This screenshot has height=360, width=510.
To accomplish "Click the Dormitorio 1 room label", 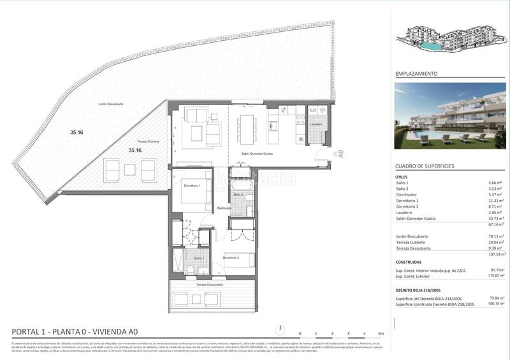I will pyautogui.click(x=192, y=185).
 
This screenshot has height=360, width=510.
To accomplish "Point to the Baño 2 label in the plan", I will pyautogui.click(x=238, y=194).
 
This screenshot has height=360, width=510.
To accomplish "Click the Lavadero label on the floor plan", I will pyautogui.click(x=317, y=124).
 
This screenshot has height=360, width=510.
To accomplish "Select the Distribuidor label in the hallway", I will pyautogui.click(x=224, y=208).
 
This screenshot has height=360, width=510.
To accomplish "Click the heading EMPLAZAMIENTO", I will pyautogui.click(x=417, y=74).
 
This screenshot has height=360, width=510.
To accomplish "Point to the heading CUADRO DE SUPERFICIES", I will pyautogui.click(x=425, y=166).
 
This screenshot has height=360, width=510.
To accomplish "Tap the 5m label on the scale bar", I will pyautogui.click(x=381, y=334).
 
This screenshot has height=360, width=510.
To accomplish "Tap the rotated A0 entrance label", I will pyautogui.click(x=342, y=154).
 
